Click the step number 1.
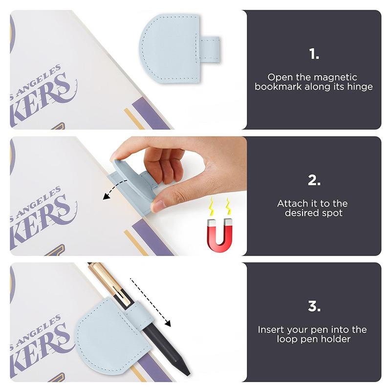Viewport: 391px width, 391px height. [x=314, y=54]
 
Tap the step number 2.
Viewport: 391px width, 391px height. [x=314, y=180]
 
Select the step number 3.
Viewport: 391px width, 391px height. [x=314, y=306]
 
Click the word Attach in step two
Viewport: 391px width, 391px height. [x=291, y=204]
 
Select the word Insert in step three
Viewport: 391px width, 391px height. [x=271, y=329]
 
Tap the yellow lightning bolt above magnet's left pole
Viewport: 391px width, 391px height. [x=212, y=207]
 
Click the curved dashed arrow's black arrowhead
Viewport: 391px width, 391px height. [x=107, y=197]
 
